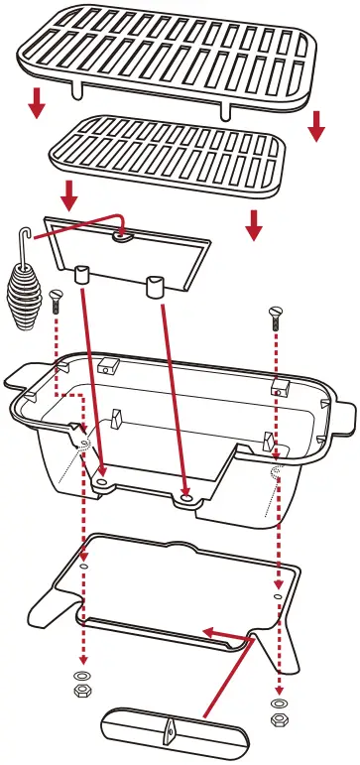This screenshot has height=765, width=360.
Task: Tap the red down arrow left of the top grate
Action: pyautogui.click(x=37, y=101)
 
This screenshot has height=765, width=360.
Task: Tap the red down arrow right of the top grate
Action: pyautogui.click(x=316, y=125)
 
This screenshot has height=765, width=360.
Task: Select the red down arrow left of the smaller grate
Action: pyautogui.click(x=69, y=192)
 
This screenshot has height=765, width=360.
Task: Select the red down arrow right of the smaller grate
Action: pyautogui.click(x=254, y=224)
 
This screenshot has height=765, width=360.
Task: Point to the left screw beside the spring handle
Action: pyautogui.click(x=56, y=298)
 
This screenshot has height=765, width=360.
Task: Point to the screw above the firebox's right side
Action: pyautogui.click(x=276, y=317)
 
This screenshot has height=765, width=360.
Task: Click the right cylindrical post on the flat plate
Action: pyautogui.click(x=154, y=288)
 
